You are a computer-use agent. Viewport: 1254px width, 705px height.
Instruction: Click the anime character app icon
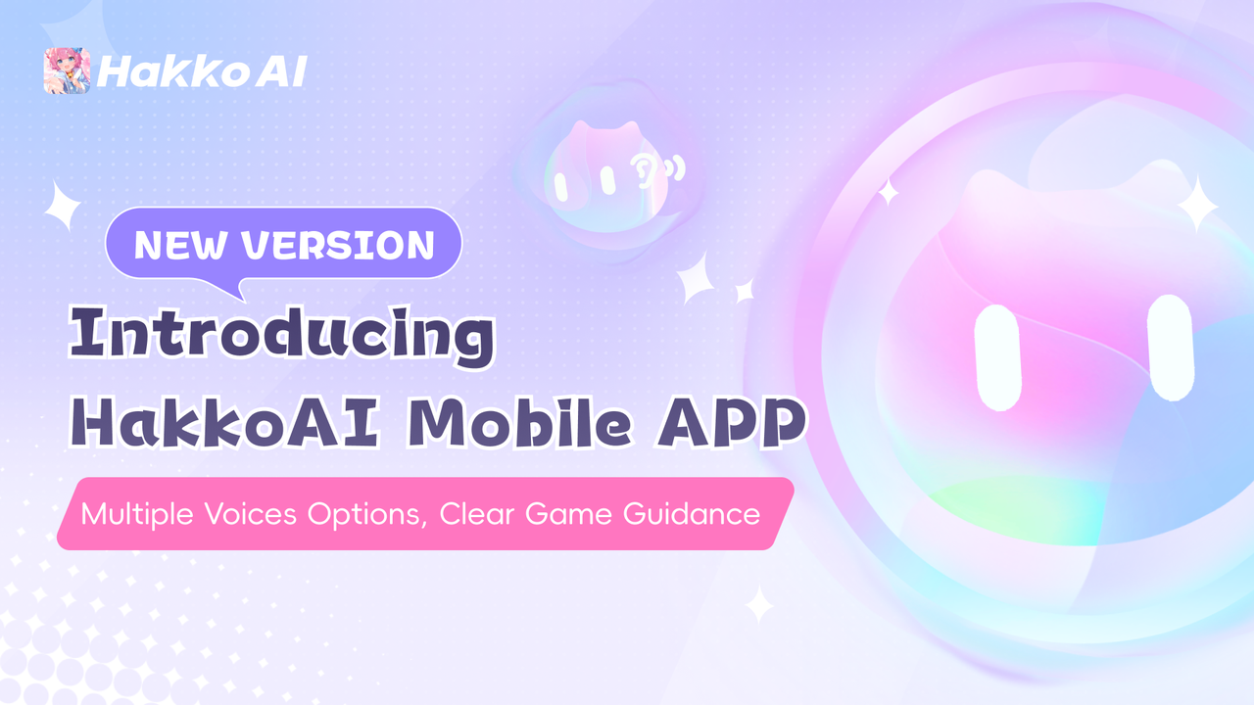[68, 70]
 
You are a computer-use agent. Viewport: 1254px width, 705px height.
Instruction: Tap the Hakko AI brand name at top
[202, 71]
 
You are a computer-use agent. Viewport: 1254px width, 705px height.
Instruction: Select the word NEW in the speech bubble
[180, 245]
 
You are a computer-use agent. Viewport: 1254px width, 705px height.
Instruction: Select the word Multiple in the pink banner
[137, 514]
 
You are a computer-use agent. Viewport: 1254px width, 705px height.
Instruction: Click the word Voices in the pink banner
[250, 514]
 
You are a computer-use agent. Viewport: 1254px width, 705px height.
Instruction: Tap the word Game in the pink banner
[568, 514]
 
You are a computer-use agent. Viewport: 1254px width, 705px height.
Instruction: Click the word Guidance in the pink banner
[692, 514]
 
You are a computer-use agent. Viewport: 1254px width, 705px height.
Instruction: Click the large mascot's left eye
[997, 357]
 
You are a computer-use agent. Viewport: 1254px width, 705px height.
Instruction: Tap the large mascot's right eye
[1170, 348]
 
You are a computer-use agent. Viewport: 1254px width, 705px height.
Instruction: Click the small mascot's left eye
[561, 187]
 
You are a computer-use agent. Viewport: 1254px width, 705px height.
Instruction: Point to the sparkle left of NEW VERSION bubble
[63, 206]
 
